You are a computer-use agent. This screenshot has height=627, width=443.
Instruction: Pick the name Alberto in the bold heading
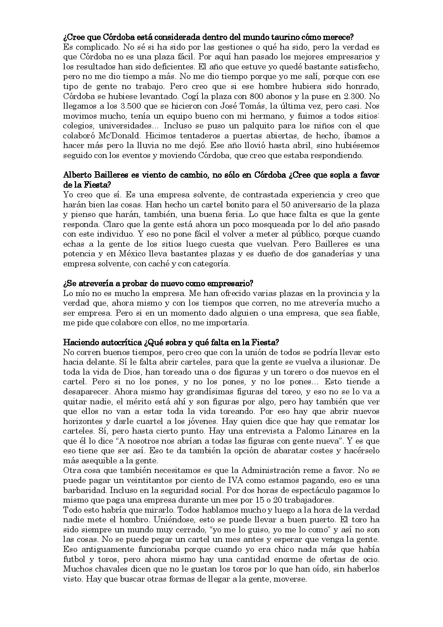(x=80, y=175)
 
